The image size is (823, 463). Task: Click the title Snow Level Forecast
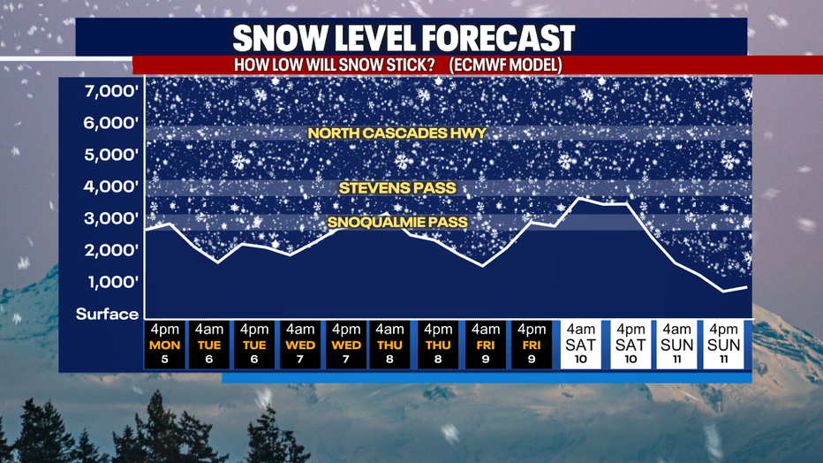point(404,38)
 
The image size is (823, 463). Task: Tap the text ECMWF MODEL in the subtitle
point(505,65)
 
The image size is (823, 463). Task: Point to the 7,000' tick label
point(111,91)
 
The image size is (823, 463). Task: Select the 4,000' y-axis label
point(111,186)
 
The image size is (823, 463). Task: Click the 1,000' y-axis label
point(113,283)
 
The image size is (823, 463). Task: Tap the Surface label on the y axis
point(107,314)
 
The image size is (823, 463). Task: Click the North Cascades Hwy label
point(397,133)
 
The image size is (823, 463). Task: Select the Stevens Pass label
point(397,188)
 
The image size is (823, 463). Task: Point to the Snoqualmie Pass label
point(397,222)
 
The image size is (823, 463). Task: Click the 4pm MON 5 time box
point(165,345)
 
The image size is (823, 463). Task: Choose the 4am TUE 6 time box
point(209,345)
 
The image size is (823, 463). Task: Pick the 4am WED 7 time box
point(300,345)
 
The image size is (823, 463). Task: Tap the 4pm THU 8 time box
point(438,345)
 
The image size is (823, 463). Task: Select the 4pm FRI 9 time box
point(532,345)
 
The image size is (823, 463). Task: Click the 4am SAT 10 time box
point(580,345)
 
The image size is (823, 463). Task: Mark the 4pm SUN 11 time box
point(724,345)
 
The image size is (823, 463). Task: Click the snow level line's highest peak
point(579,198)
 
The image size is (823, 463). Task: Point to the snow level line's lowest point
point(724,292)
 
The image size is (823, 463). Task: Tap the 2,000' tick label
point(111,250)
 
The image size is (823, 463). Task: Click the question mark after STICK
point(430,65)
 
